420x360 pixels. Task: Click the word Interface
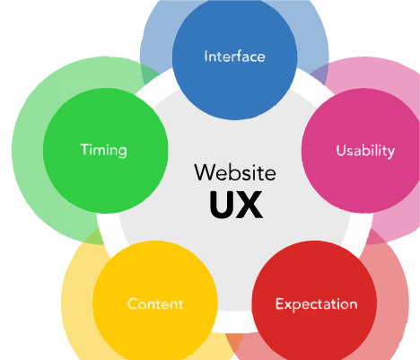click(x=234, y=57)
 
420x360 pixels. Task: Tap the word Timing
click(x=103, y=150)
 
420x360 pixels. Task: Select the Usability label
click(x=365, y=151)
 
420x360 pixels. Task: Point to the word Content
click(x=155, y=303)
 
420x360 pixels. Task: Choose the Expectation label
click(x=316, y=304)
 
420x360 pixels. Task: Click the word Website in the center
click(x=235, y=172)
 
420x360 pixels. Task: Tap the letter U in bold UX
click(x=222, y=205)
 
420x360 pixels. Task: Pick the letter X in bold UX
click(x=250, y=205)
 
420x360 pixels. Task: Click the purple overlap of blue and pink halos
click(x=318, y=75)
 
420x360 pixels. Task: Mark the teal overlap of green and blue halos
click(x=151, y=74)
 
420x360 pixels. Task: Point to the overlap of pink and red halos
click(x=372, y=236)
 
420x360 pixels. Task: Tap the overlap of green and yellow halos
click(x=95, y=237)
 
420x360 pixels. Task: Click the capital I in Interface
click(x=206, y=57)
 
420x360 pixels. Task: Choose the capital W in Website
click(x=206, y=172)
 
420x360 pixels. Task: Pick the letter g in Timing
click(x=122, y=152)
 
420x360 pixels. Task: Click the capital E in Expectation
click(x=279, y=303)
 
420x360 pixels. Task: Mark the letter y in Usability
click(x=390, y=154)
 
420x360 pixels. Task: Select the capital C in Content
click(x=133, y=303)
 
